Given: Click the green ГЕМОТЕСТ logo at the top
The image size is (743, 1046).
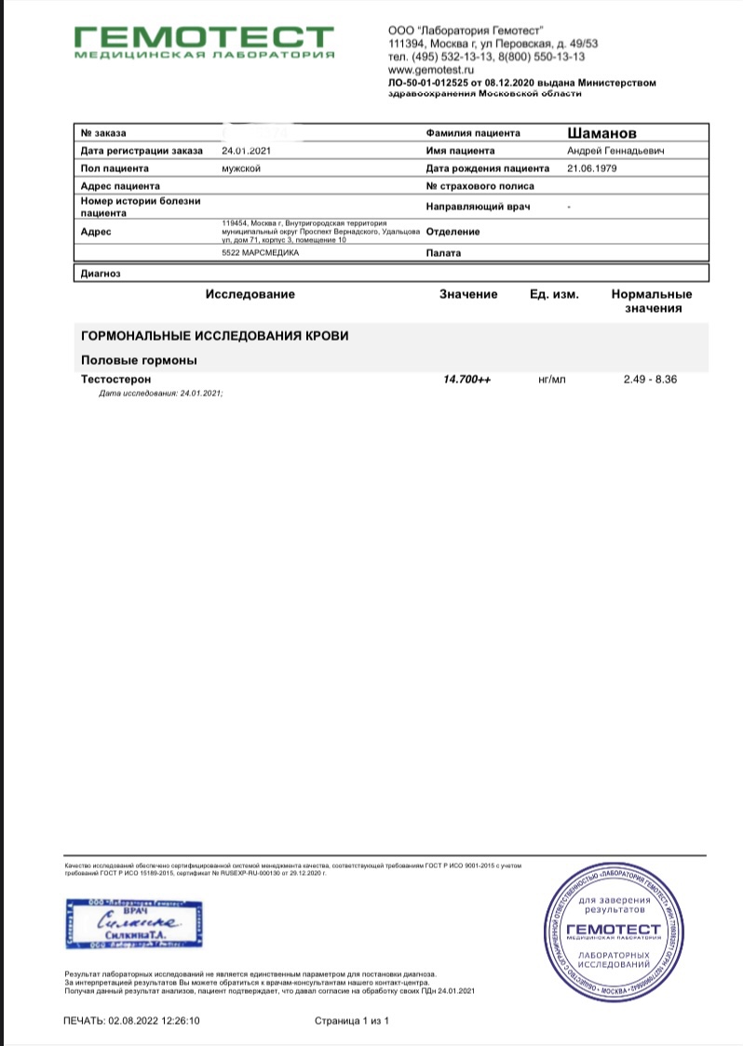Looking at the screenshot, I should tap(203, 42).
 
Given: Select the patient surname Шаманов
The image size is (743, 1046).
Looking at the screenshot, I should tap(602, 133).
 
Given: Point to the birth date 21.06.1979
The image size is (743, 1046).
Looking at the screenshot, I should tap(591, 168).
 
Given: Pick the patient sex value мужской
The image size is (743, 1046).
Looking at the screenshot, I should tap(240, 168).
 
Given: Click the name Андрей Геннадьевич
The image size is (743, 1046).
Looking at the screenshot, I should tap(615, 151).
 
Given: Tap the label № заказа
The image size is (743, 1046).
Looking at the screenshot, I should tap(103, 133).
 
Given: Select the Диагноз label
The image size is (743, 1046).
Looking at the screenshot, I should tap(101, 274).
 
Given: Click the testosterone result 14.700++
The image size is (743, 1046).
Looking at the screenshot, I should tap(467, 380).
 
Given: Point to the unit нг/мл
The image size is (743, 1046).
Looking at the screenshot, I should tap(552, 380).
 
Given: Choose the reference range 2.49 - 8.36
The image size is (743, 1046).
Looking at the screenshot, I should tap(650, 380).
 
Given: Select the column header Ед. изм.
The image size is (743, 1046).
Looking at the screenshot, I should tap(554, 294).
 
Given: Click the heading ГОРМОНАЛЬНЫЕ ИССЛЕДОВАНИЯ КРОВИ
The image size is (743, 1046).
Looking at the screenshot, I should tap(215, 335).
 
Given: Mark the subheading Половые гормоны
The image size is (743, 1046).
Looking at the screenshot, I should tap(140, 360).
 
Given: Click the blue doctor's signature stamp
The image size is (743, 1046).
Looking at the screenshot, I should tap(134, 923).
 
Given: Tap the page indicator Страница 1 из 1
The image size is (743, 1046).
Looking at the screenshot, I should tap(352, 1021).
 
